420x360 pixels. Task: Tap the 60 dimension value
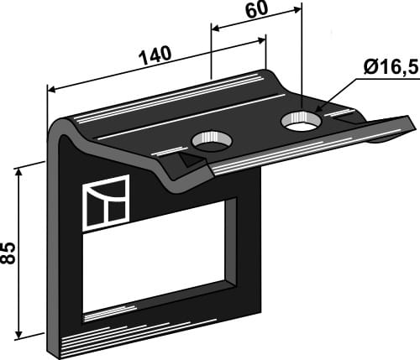coord(256,13)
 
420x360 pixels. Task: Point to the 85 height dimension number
coord(10,251)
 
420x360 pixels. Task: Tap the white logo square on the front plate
coord(105,201)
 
